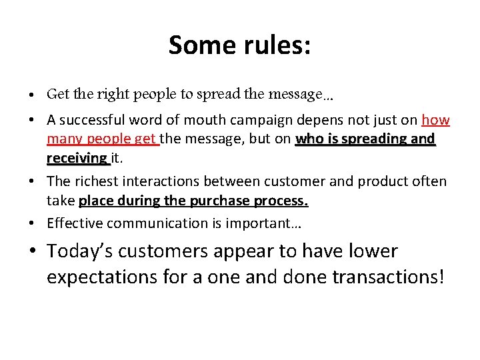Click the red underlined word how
[x=435, y=121]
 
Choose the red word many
[x=62, y=139]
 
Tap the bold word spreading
[x=376, y=139]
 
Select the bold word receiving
[x=77, y=158]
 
